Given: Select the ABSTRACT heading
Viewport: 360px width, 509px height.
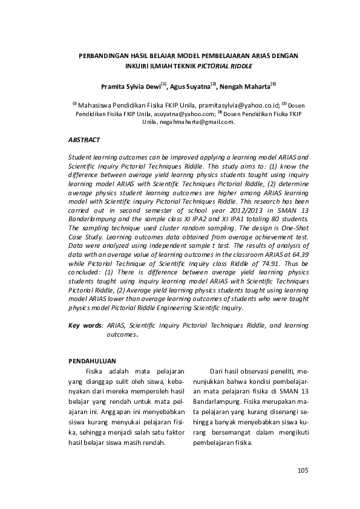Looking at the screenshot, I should pos(84,140).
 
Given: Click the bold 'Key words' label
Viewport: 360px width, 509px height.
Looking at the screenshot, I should pos(85,325).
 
